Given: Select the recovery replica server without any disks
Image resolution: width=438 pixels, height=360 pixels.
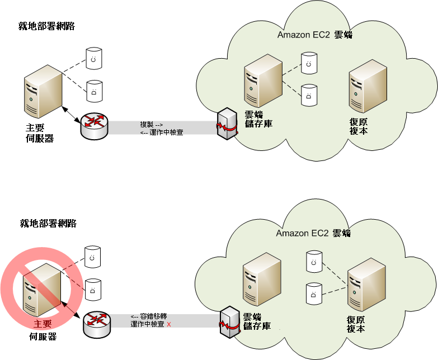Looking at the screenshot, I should click(x=368, y=86).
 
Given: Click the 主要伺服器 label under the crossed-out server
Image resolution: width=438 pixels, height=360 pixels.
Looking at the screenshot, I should click(x=43, y=330).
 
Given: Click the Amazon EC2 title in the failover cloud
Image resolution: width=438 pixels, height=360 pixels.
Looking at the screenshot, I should click(x=313, y=233).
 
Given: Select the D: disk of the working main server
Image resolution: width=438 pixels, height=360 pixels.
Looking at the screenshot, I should click(x=94, y=89).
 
